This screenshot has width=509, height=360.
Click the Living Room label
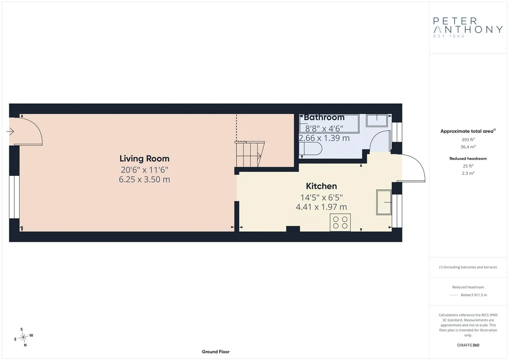(x=144, y=159)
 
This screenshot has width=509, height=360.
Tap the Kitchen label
(x=321, y=186)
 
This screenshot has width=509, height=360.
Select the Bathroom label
(x=324, y=117)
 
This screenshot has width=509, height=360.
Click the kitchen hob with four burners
(x=340, y=222)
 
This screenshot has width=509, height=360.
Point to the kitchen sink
(x=384, y=202)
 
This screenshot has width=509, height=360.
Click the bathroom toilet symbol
(x=311, y=149)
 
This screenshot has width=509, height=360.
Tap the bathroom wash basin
(x=377, y=121)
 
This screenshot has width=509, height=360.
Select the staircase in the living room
(x=249, y=154)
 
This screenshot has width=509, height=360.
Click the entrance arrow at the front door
(x=10, y=131)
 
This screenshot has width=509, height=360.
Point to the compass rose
(x=23, y=337)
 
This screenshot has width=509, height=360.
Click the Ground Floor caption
(x=216, y=352)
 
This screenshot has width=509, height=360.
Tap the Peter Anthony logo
(x=468, y=28)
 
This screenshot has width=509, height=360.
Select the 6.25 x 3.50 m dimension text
(x=144, y=179)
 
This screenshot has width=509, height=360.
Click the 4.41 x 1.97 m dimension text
(x=321, y=207)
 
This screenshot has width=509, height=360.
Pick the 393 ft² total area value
(x=468, y=140)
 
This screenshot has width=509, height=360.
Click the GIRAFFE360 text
(x=468, y=345)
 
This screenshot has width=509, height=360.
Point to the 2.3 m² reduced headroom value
(x=468, y=173)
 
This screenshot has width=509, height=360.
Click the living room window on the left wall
(x=14, y=197)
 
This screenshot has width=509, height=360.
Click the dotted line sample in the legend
(x=454, y=295)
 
